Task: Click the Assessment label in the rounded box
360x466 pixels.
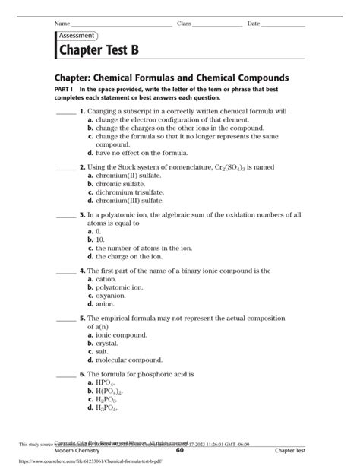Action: [77, 35]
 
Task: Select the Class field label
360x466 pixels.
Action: [185, 23]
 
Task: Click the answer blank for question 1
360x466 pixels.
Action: [65, 111]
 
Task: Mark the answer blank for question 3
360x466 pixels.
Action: [65, 216]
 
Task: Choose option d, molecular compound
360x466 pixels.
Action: [125, 359]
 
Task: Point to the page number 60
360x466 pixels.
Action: [180, 449]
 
